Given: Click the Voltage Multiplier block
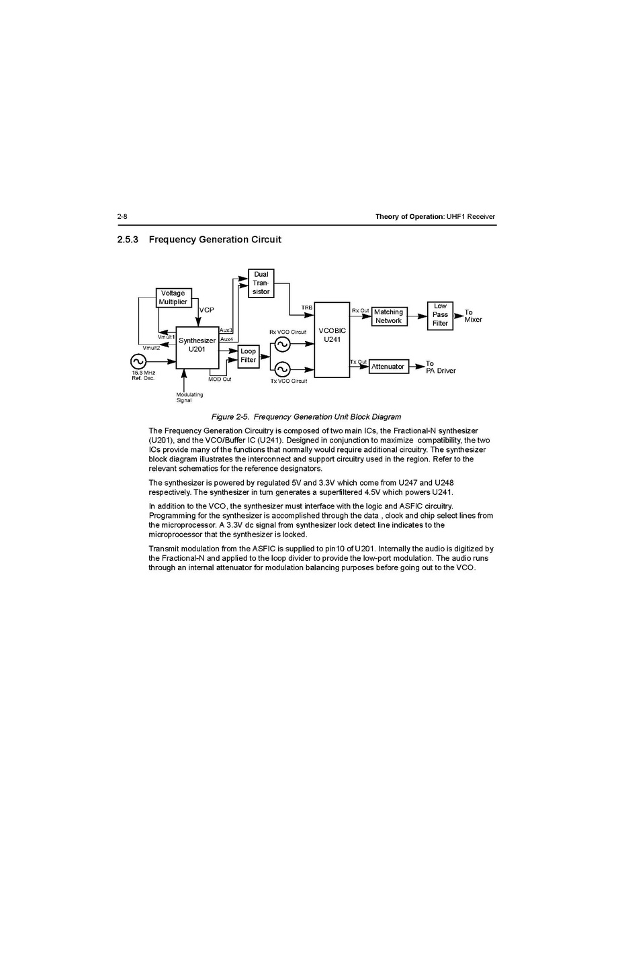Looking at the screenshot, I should point(173,298).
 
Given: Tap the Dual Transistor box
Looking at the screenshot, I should point(261,283).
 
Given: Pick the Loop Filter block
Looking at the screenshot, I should point(249,355).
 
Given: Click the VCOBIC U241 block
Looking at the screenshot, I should point(332,339).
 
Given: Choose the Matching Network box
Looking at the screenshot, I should point(389,316).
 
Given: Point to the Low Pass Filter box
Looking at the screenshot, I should point(440,315).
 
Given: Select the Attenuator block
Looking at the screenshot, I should point(388,367).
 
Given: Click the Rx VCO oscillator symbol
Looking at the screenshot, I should point(282,345).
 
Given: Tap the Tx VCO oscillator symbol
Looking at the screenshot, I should point(282,369).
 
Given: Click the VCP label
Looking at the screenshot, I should point(207,310).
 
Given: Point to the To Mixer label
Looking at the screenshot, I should point(473,316).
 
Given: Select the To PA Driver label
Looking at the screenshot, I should point(440,367).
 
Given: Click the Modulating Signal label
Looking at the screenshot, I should point(189,398).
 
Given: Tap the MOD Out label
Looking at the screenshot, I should point(220,380).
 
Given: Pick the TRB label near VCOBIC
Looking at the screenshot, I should point(306,308).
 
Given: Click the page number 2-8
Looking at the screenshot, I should point(122,216).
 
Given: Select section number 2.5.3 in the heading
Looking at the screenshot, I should point(128,240).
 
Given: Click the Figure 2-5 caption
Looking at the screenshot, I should point(306,417).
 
